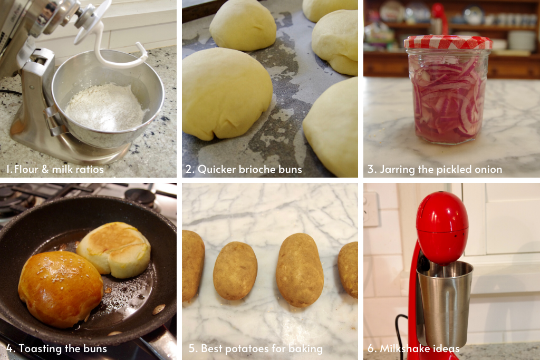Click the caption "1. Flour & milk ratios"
coord(55,169)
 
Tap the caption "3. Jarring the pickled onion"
coord(435,169)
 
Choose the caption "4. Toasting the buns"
coord(56,348)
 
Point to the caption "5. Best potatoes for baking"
coord(256,348)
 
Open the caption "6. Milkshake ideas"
coord(413,348)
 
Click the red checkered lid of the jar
coord(448,42)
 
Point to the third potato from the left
coord(300,269)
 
